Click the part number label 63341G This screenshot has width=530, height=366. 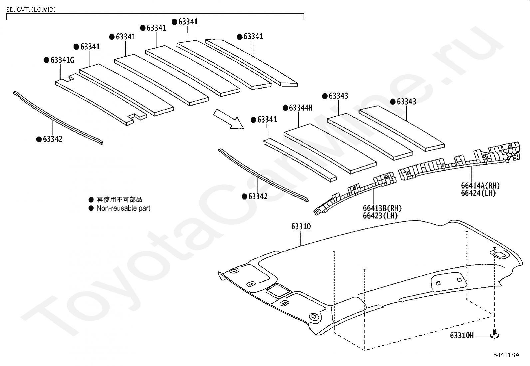62,60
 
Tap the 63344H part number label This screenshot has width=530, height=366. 301,108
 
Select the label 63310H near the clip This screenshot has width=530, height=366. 461,335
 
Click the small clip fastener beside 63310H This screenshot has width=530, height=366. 495,334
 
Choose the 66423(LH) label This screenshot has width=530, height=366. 380,215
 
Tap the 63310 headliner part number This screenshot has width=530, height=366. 301,226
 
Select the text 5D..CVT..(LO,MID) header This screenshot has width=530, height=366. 31,10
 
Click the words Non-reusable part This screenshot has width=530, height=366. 123,208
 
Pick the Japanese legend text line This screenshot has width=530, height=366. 119,199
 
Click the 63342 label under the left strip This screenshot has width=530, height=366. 53,139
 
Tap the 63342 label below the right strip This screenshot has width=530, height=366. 258,196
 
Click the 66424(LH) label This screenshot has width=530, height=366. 478,193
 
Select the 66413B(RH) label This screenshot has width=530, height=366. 382,208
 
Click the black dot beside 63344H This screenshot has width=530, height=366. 285,108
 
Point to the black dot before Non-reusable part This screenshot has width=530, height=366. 91,208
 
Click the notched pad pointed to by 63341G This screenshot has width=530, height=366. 100,102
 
